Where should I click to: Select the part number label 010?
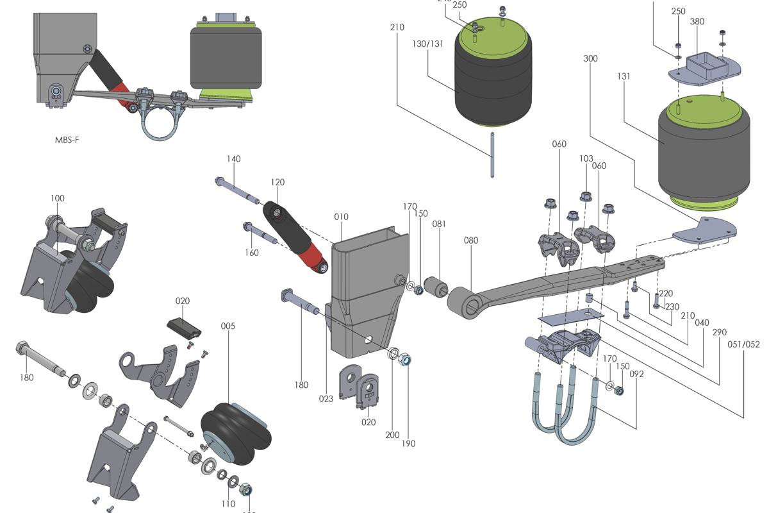[x=341, y=217]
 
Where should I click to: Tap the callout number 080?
[x=471, y=241]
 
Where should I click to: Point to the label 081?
[x=439, y=224]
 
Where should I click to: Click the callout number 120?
[x=277, y=182]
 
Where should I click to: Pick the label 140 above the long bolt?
[x=233, y=158]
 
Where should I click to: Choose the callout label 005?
[x=227, y=326]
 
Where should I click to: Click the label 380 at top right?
[x=697, y=21]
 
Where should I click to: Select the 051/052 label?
[x=745, y=344]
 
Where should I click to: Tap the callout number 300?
[x=591, y=58]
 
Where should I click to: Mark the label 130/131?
[x=428, y=44]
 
